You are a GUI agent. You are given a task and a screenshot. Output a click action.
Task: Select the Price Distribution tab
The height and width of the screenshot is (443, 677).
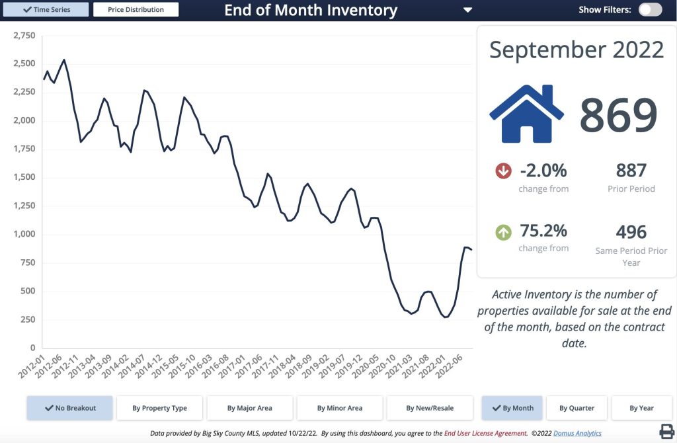point(136,10)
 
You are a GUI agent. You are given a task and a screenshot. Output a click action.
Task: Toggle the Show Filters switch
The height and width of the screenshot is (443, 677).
point(650,10)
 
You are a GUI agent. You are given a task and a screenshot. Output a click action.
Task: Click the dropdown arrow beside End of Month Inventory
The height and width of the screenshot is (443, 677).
point(468,10)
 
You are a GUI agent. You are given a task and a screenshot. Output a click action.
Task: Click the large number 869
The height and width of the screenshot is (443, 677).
point(618,114)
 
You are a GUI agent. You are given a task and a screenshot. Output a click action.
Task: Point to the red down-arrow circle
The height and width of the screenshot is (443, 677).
point(503,171)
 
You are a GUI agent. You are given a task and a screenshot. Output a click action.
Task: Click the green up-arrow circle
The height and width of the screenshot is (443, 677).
point(503,232)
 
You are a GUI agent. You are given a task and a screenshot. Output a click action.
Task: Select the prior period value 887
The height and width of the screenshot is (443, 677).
point(631,171)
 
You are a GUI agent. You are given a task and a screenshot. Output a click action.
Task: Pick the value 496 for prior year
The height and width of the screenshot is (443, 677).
point(631,232)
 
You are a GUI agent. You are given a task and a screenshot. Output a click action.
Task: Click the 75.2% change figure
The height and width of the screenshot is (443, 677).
point(543,231)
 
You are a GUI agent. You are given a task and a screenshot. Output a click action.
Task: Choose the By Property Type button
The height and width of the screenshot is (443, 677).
point(159,408)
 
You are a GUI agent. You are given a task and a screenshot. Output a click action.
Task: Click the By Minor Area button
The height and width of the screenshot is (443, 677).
point(340,408)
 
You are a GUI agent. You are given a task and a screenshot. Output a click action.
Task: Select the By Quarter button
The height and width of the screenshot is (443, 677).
point(577,408)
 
